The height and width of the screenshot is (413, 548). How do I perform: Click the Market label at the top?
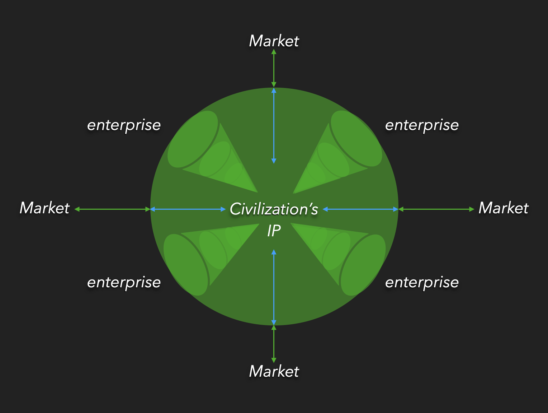tap(274, 41)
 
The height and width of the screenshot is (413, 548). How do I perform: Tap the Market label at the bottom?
tap(274, 371)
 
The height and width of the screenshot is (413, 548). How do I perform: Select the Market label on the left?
tap(44, 208)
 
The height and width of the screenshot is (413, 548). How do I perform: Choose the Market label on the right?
tap(504, 208)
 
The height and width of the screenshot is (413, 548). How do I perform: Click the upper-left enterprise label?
tap(124, 125)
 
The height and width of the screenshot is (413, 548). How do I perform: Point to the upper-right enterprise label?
tap(422, 125)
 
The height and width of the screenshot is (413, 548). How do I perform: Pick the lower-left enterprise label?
tap(124, 282)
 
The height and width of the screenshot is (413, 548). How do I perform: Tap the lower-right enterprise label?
tap(422, 282)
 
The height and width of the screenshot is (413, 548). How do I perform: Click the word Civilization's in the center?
tap(274, 209)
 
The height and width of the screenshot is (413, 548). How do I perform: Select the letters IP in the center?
tap(274, 231)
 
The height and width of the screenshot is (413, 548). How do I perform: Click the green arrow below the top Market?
tap(274, 68)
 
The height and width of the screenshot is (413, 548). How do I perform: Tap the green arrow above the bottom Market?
tap(274, 344)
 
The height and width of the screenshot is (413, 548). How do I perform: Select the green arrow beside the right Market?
tap(436, 209)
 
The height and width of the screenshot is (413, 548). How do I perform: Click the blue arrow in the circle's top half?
tap(274, 126)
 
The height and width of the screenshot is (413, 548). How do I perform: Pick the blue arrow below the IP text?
tap(274, 287)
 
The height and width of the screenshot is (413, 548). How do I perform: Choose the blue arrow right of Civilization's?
tap(360, 209)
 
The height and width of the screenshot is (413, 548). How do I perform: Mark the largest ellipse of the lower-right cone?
tap(363, 265)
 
